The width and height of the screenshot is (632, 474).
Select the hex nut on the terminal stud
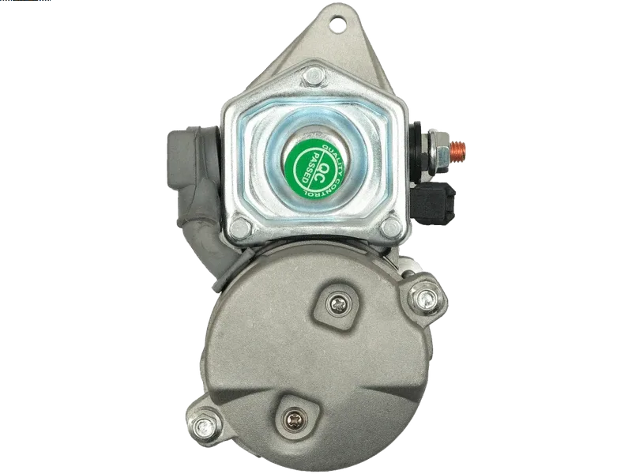coord(438,151)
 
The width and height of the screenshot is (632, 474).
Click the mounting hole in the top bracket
coord(337,24)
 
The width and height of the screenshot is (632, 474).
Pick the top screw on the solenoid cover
coord(314,76)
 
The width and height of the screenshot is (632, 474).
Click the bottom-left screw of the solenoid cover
coord(240,228)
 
